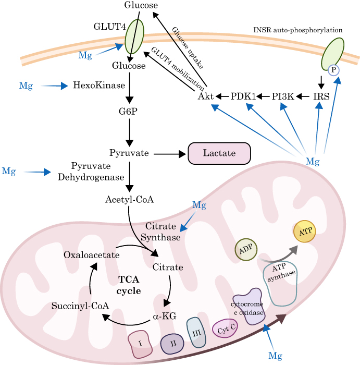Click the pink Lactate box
click(x=219, y=153)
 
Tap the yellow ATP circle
click(x=305, y=232)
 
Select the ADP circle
click(x=246, y=250)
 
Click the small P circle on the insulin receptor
click(x=333, y=70)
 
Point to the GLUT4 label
click(x=110, y=27)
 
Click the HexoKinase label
click(x=99, y=85)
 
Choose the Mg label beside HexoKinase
click(x=26, y=86)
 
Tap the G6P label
click(x=128, y=112)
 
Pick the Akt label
click(x=206, y=96)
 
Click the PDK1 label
click(x=243, y=96)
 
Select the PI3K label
click(x=283, y=96)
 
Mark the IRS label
click(x=321, y=96)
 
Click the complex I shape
click(x=140, y=344)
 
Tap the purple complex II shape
click(x=172, y=344)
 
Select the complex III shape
click(x=196, y=333)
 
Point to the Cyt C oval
click(x=225, y=328)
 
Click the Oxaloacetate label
click(x=91, y=255)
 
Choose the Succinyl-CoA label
click(x=80, y=306)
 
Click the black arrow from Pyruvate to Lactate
click(x=170, y=154)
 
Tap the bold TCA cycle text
click(x=129, y=285)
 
